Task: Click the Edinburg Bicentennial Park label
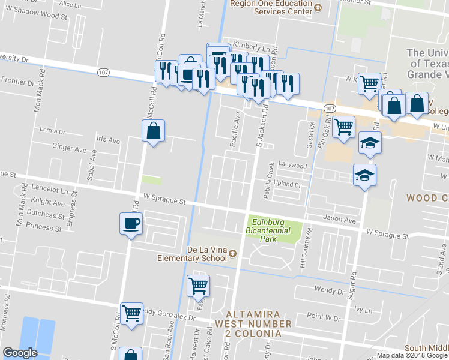(x=268, y=230)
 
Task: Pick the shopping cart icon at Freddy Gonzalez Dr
(x=131, y=313)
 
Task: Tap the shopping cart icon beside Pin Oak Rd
(x=343, y=127)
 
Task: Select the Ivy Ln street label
(x=364, y=310)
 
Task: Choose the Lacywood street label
(x=292, y=166)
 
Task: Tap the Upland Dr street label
(x=288, y=185)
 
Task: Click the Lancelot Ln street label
(x=51, y=190)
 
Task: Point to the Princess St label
(x=44, y=228)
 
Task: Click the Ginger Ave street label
(x=70, y=147)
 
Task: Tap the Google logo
(x=20, y=353)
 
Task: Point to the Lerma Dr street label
(x=51, y=130)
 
